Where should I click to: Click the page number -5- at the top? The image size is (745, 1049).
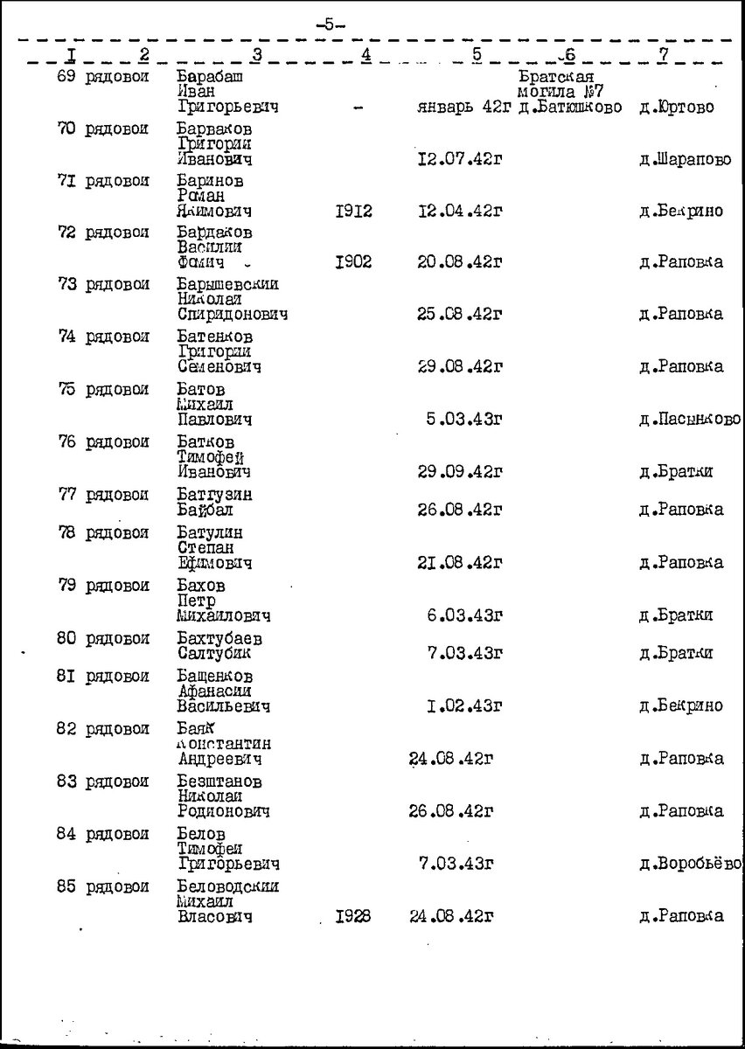pyautogui.click(x=330, y=24)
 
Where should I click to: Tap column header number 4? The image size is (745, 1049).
pyautogui.click(x=366, y=55)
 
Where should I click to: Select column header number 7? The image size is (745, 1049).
pyautogui.click(x=664, y=54)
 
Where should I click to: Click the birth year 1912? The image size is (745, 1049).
pyautogui.click(x=354, y=212)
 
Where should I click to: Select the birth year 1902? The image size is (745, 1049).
pyautogui.click(x=354, y=262)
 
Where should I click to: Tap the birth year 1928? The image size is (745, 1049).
pyautogui.click(x=353, y=917)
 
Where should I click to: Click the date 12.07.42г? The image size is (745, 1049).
pyautogui.click(x=460, y=159)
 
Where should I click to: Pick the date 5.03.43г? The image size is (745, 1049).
pyautogui.click(x=464, y=420)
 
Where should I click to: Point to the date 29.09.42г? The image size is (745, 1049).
pyautogui.click(x=460, y=472)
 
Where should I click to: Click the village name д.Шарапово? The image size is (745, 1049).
pyautogui.click(x=685, y=160)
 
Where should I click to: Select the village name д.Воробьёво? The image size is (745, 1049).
pyautogui.click(x=690, y=865)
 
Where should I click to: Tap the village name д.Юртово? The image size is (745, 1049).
pyautogui.click(x=676, y=108)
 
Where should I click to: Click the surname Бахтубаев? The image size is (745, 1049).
pyautogui.click(x=219, y=638)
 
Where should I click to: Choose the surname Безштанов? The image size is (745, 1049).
pyautogui.click(x=219, y=781)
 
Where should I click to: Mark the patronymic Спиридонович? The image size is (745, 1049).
pyautogui.click(x=232, y=315)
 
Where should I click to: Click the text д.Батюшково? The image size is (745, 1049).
pyautogui.click(x=568, y=108)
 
